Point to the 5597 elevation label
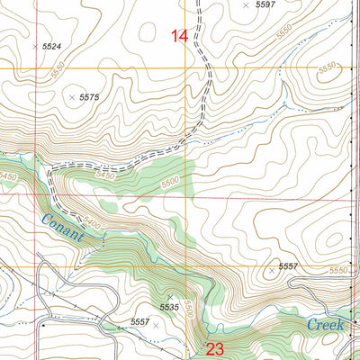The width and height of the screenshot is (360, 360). (x=265, y=5)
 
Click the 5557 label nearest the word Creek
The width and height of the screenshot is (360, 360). (x=288, y=267)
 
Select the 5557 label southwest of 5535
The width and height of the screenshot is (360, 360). (x=139, y=322)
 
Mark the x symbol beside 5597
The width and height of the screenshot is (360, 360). (x=246, y=5)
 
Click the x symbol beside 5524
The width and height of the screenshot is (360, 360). (x=34, y=46)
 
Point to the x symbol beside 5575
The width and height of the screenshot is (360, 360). (x=71, y=96)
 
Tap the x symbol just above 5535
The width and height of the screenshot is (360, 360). (x=169, y=296)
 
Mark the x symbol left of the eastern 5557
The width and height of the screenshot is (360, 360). (x=271, y=268)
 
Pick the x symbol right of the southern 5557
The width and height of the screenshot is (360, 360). (x=156, y=325)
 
